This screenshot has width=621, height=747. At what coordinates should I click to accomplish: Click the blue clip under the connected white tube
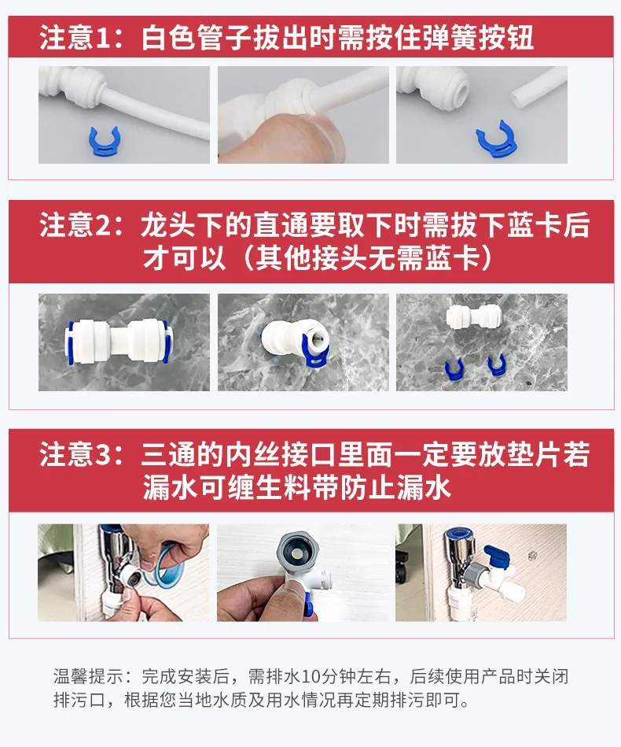(x=105, y=141)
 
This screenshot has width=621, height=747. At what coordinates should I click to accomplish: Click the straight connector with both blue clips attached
(x=119, y=341)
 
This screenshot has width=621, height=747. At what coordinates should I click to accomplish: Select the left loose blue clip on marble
(x=454, y=368)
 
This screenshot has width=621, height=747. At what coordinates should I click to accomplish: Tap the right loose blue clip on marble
(x=496, y=364)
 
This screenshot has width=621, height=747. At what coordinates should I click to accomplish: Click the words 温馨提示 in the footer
(x=89, y=676)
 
